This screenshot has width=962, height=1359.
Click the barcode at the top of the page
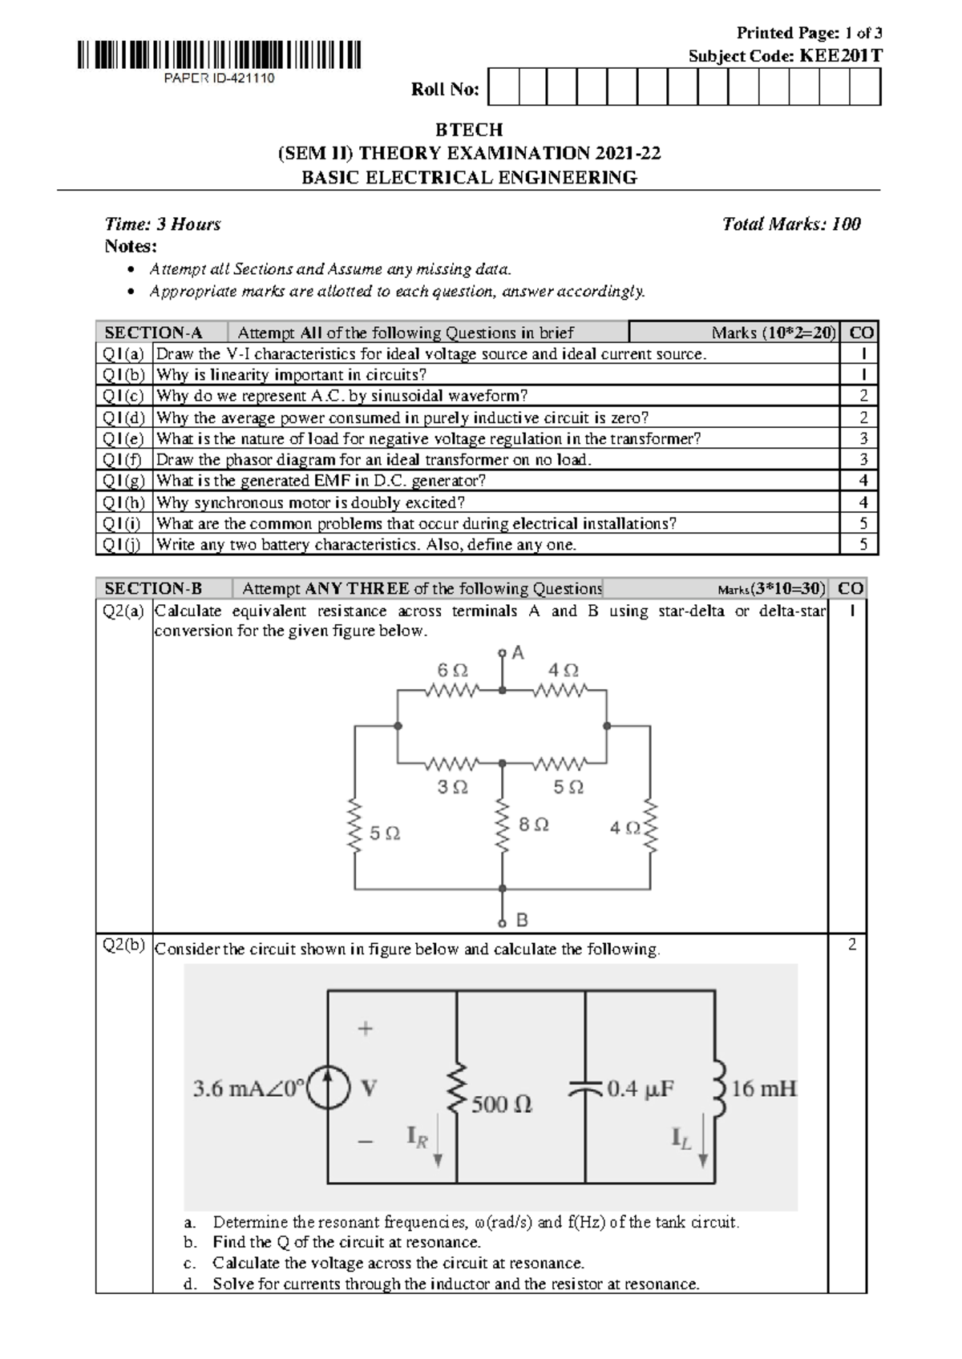coord(219,54)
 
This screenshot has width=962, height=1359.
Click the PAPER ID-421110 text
coord(219,79)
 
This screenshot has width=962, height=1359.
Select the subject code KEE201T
coord(841,56)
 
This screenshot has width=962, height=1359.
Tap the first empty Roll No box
coord(503,87)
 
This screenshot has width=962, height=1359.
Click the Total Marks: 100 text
coord(791,224)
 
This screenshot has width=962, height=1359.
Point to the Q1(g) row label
coord(123,481)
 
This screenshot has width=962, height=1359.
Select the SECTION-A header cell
coord(154,333)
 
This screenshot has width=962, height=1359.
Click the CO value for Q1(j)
coord(863,544)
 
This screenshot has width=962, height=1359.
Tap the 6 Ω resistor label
coord(453,671)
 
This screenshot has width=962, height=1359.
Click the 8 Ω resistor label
coord(533,825)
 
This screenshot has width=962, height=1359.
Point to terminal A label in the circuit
coord(518,653)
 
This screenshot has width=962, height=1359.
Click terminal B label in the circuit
coord(522,921)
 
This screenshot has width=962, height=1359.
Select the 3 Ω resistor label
coord(453,787)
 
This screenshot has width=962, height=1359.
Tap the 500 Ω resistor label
coord(501,1105)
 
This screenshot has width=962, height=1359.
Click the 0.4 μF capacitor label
coord(641,1089)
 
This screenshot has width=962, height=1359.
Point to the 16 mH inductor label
coord(763,1088)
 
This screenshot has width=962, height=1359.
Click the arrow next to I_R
coord(438,1145)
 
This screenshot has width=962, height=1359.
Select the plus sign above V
coord(365,1028)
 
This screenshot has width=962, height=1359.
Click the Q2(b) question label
coord(123,946)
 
